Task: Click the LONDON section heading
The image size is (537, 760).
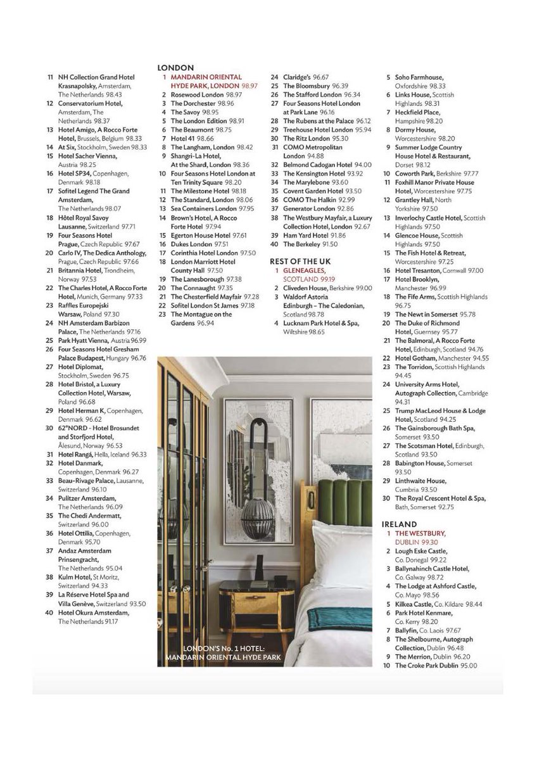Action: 175,68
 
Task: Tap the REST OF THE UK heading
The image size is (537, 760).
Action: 300,260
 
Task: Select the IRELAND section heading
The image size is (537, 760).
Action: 399,524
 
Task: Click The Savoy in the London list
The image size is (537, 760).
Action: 186,112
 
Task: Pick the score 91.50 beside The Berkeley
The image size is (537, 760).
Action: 330,244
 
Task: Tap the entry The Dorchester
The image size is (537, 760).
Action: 194,103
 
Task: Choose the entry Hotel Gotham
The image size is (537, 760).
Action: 415,358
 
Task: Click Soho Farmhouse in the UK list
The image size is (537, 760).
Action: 419,77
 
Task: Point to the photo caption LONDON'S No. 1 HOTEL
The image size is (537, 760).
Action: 222,650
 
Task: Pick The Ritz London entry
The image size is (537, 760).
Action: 306,138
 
